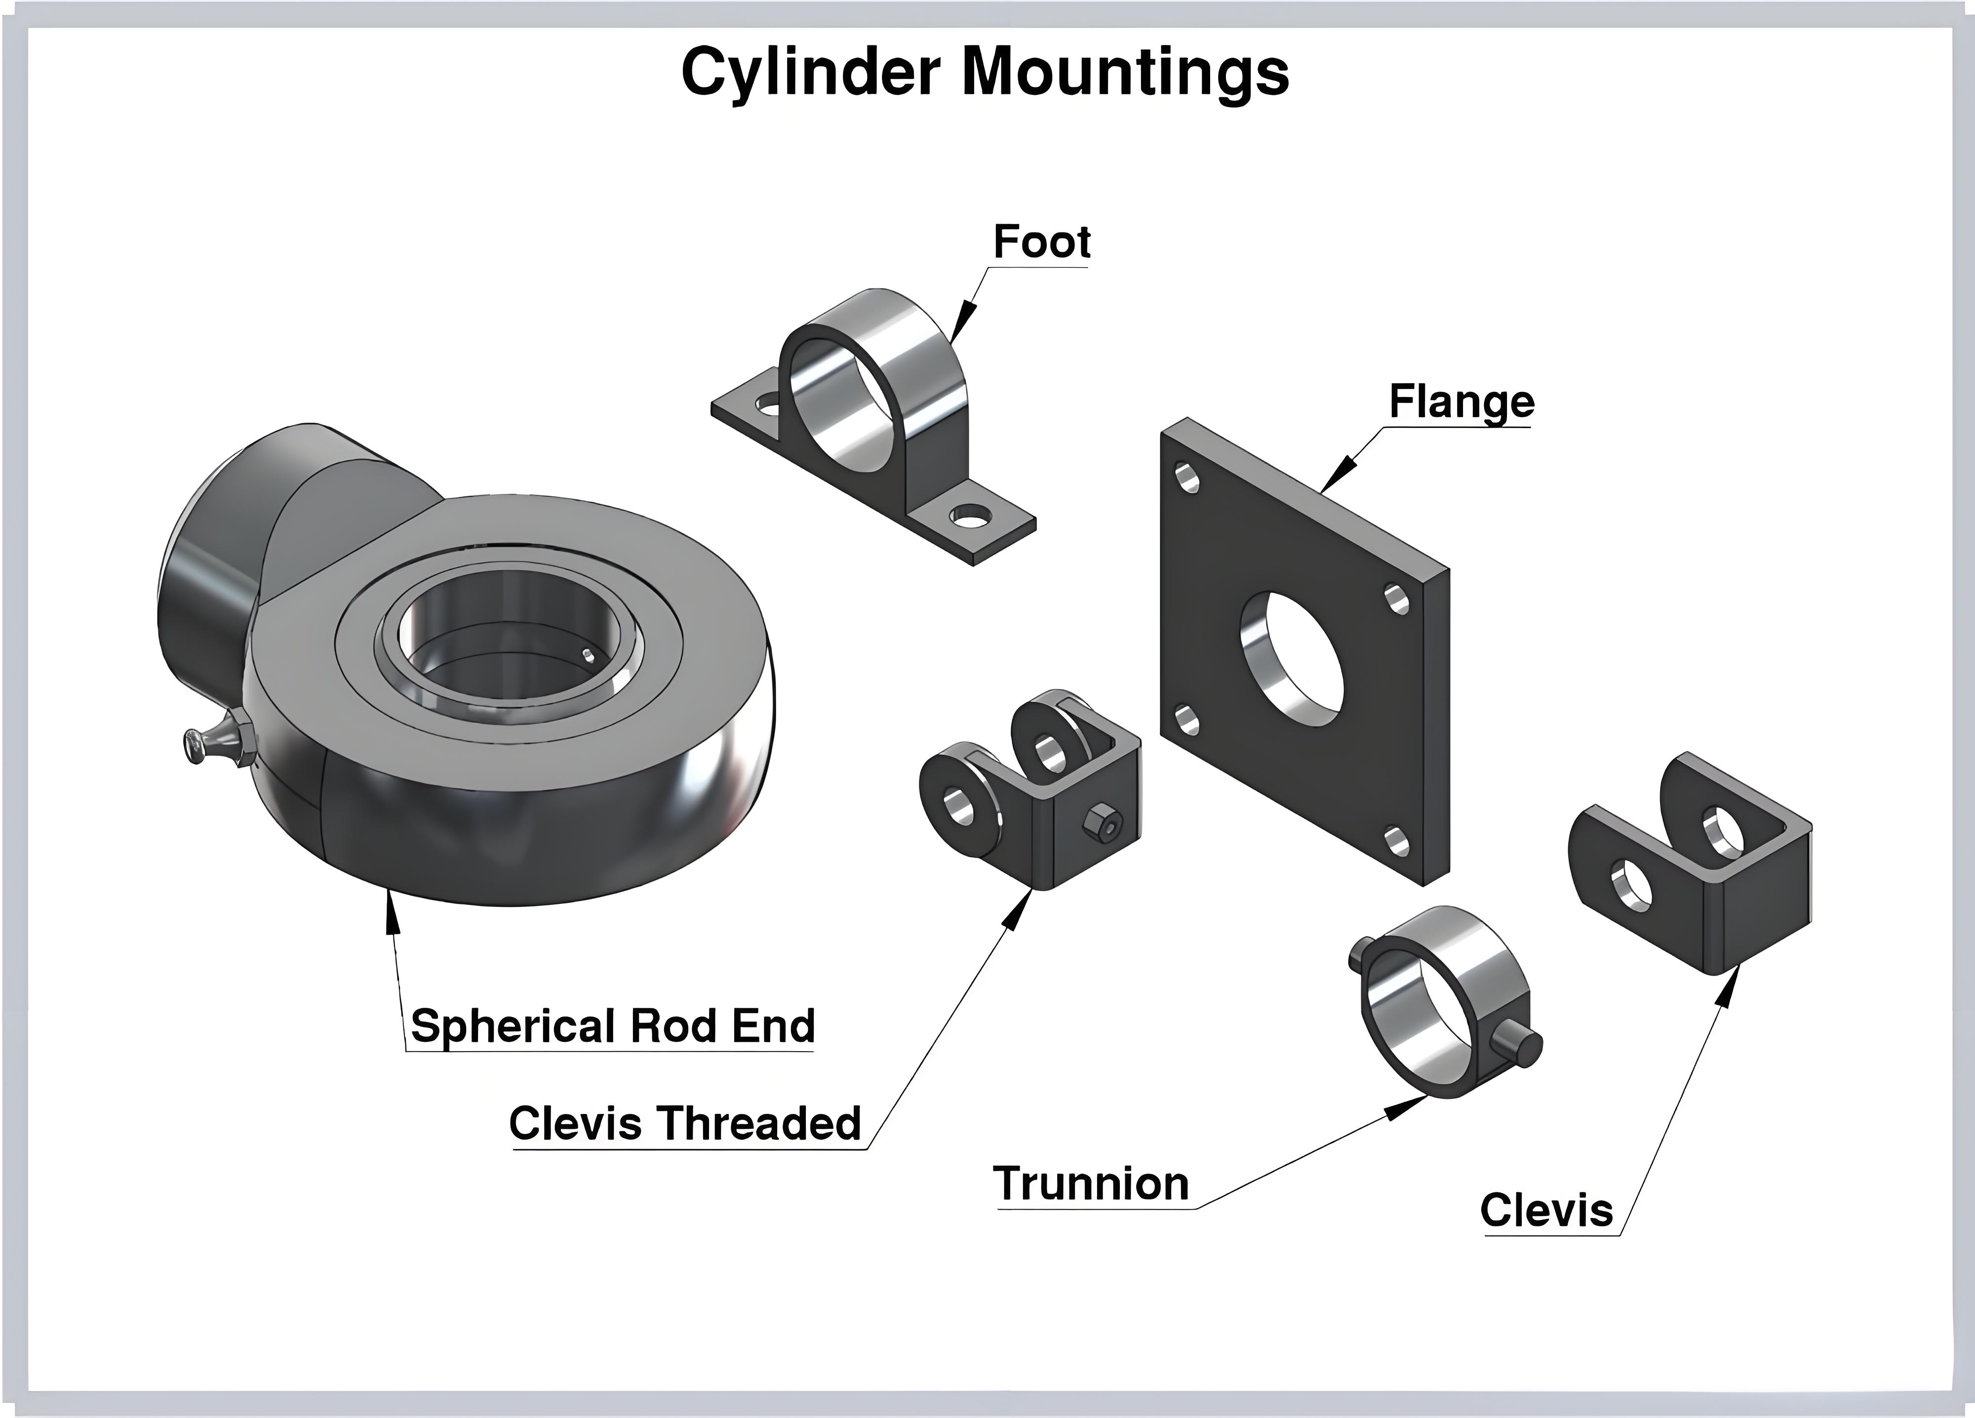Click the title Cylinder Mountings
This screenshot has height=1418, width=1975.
click(x=985, y=72)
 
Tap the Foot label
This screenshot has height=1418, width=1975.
click(x=1041, y=241)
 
